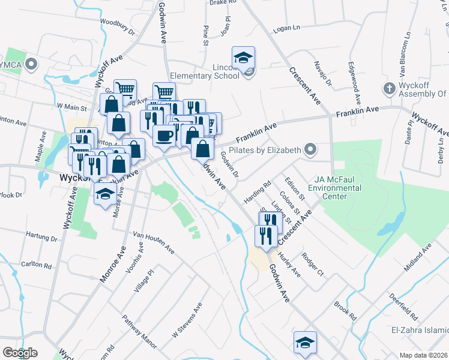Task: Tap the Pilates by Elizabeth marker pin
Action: (310, 149)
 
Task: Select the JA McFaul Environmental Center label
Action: (336, 188)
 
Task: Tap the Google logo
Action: (19, 353)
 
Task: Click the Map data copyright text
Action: (424, 355)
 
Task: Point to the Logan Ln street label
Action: (286, 28)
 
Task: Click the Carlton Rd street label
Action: (36, 265)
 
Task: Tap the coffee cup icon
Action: (164, 135)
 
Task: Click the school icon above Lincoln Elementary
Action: (243, 57)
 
